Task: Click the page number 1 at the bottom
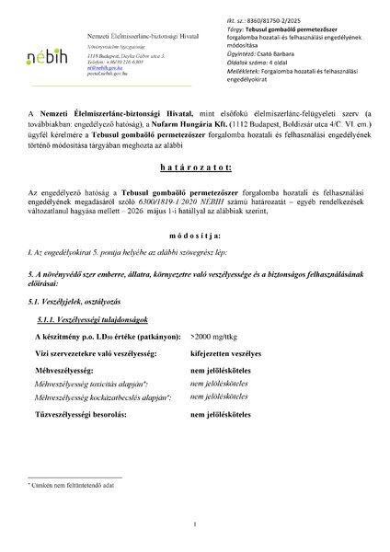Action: click(x=195, y=524)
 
